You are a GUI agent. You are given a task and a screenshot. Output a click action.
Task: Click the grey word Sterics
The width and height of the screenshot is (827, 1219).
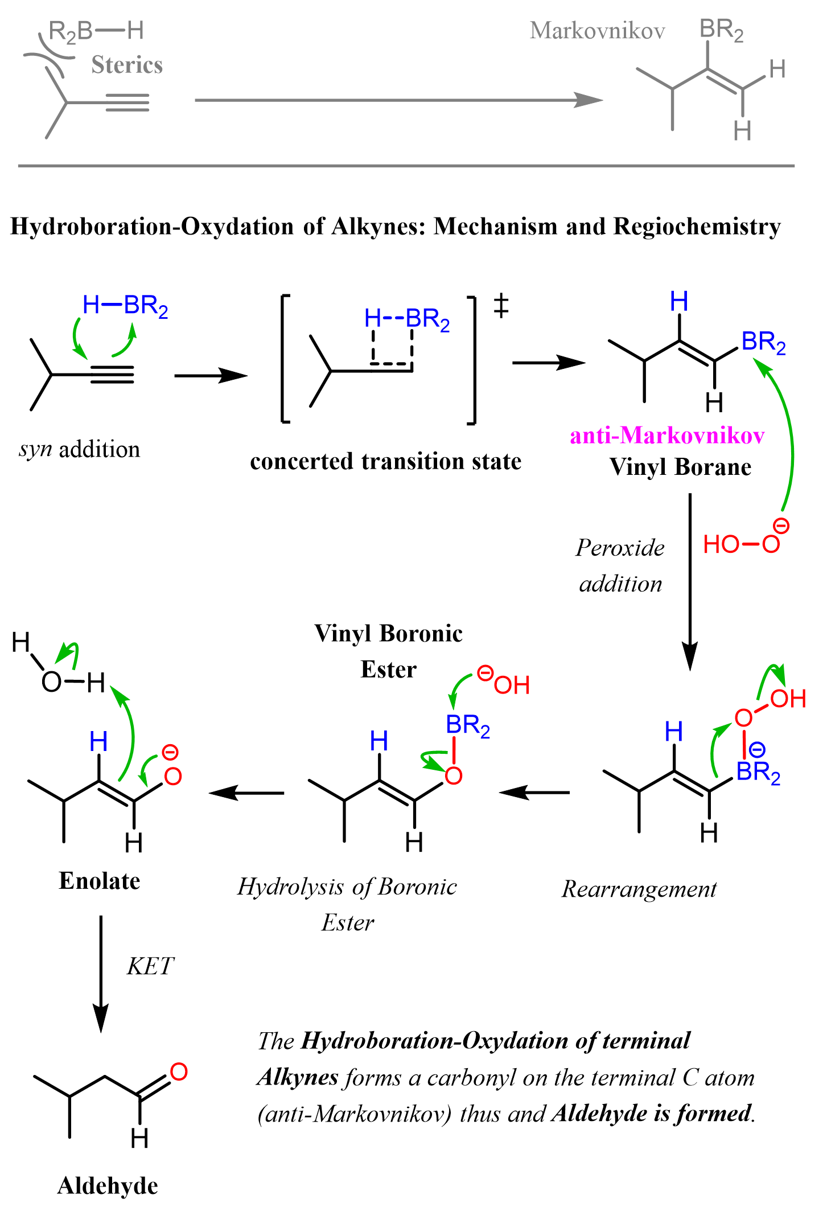(x=127, y=65)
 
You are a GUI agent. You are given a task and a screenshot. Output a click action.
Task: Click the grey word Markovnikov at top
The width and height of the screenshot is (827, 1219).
(x=597, y=31)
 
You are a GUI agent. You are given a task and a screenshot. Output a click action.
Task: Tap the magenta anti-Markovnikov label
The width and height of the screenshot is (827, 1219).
(x=667, y=436)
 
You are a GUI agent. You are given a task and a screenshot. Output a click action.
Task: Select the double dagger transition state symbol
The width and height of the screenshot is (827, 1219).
(x=501, y=306)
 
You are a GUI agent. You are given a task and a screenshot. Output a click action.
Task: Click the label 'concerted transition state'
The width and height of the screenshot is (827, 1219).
(x=385, y=461)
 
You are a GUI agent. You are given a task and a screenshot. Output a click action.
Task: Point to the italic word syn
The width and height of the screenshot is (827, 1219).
(x=36, y=449)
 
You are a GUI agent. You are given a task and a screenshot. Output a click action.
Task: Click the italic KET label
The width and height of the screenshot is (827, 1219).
(x=150, y=966)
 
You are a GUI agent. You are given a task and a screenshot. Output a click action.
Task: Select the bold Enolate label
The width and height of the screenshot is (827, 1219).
(x=100, y=881)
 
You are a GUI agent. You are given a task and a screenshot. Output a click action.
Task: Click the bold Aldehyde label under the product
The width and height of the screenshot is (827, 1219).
(x=108, y=1186)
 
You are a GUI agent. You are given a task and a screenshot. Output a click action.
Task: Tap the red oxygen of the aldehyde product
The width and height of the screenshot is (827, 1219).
(x=178, y=1072)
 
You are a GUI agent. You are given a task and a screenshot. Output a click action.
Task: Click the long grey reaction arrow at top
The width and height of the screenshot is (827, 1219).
(x=398, y=100)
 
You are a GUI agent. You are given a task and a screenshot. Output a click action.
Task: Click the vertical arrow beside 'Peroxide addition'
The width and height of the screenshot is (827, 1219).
(x=690, y=581)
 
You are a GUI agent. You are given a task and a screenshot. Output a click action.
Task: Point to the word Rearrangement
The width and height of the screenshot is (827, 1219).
(x=639, y=889)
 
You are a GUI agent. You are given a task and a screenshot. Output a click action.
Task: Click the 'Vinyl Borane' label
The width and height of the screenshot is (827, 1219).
(x=680, y=467)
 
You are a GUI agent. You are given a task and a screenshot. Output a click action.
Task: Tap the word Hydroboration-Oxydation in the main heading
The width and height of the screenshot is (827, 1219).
(x=153, y=227)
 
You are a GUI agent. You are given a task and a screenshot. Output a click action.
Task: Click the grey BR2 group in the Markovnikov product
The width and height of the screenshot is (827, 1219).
(x=721, y=30)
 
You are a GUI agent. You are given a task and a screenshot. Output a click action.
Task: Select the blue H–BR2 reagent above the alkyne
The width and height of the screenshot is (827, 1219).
(x=125, y=306)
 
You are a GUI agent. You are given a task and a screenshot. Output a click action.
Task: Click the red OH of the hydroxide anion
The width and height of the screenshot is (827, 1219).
(x=511, y=685)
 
